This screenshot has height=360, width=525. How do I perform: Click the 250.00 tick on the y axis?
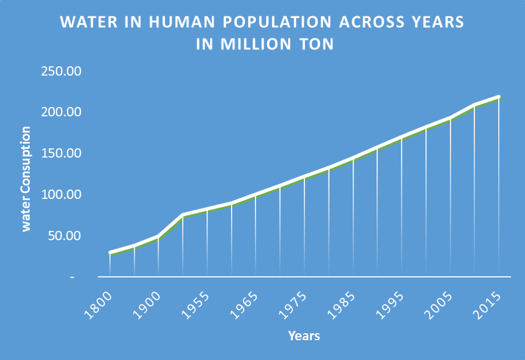pyautogui.click(x=60, y=71)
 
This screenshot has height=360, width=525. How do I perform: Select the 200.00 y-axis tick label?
pyautogui.click(x=60, y=112)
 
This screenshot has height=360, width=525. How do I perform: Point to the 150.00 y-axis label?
pyautogui.click(x=60, y=153)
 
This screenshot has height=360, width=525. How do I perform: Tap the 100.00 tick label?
pyautogui.click(x=60, y=194)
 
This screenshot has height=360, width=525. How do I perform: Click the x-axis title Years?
pyautogui.click(x=304, y=336)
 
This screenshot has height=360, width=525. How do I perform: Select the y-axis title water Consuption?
pyautogui.click(x=26, y=179)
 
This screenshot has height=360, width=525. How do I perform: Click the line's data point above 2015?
pyautogui.click(x=499, y=97)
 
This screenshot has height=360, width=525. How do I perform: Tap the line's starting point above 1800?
pyautogui.click(x=110, y=253)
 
